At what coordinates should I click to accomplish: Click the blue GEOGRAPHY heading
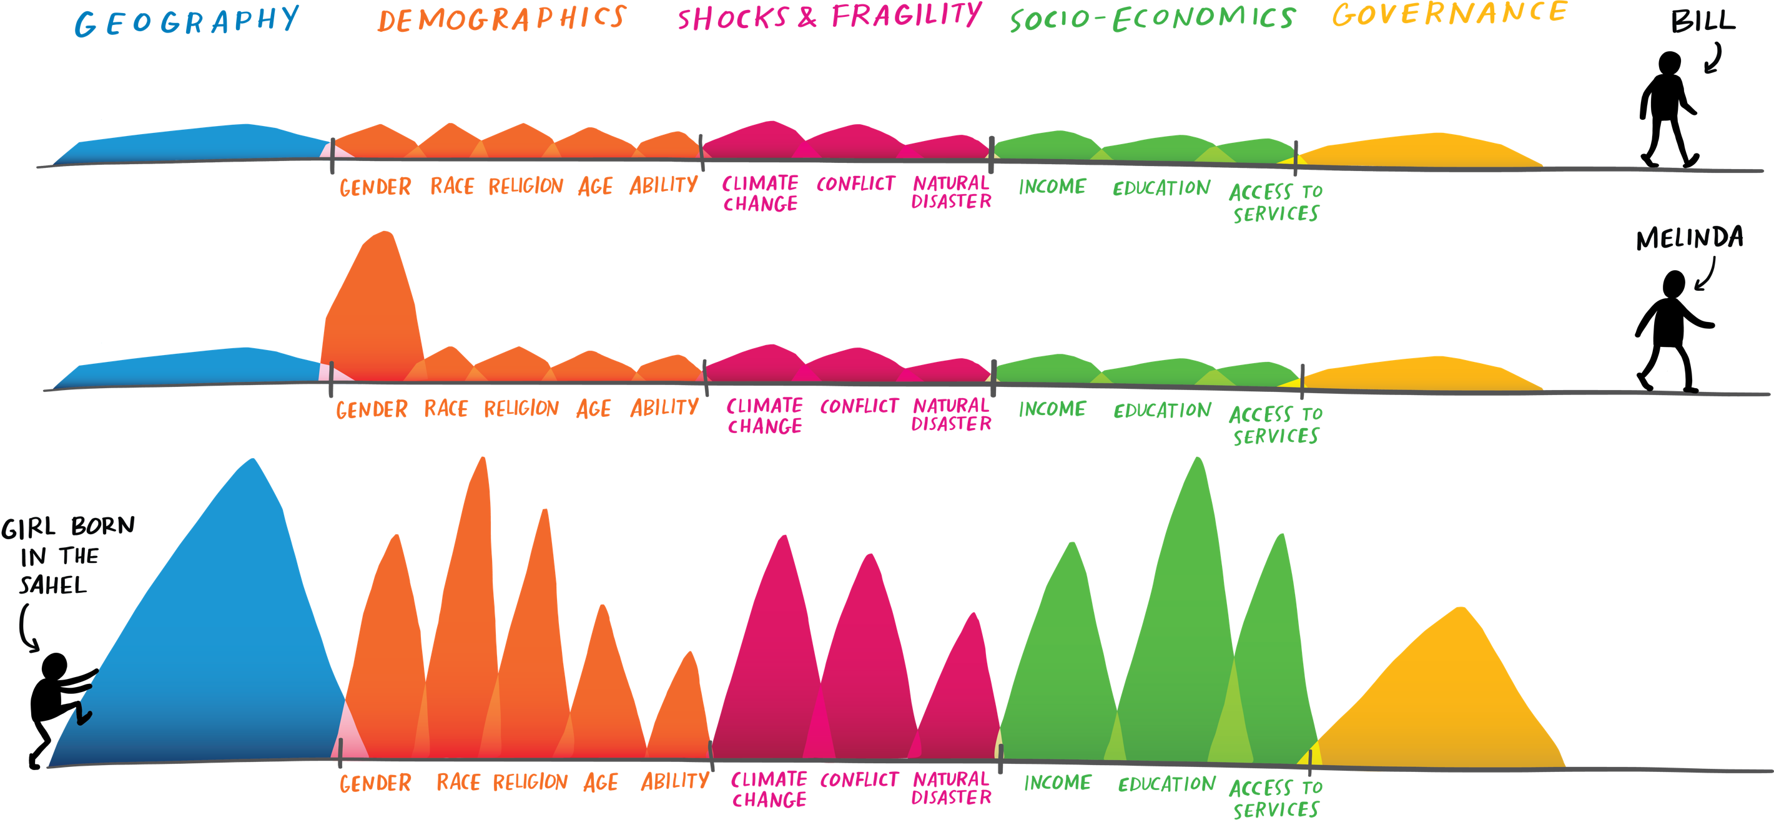tap(187, 21)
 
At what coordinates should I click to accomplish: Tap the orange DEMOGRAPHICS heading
tap(501, 19)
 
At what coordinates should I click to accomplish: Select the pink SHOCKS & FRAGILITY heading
tap(829, 16)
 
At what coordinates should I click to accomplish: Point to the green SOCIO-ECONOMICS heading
tap(1153, 19)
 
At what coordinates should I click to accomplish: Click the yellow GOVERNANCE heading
tap(1451, 14)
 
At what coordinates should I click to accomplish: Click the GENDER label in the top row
tap(375, 187)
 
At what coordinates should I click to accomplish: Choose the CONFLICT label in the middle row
tap(859, 406)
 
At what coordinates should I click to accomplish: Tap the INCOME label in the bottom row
tap(1058, 783)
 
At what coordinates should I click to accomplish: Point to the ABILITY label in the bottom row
tap(675, 781)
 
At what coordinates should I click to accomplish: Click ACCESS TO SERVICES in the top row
tap(1276, 202)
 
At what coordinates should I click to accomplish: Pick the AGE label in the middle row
tap(594, 409)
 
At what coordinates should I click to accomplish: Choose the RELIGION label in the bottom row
tap(530, 782)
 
